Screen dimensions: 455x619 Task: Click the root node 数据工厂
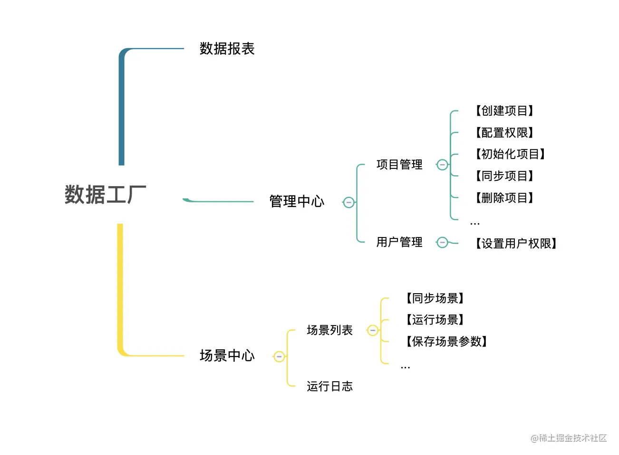click(105, 195)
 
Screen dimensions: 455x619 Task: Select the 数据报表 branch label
click(227, 49)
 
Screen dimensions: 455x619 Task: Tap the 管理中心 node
click(297, 201)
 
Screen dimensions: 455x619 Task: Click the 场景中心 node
click(227, 356)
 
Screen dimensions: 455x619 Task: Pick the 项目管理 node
click(399, 165)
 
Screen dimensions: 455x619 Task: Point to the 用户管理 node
click(399, 242)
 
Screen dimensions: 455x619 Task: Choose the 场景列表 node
click(329, 330)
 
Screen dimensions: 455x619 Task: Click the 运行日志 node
click(329, 386)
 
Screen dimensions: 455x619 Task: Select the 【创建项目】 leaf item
click(504, 111)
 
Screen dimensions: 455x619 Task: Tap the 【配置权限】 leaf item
click(504, 133)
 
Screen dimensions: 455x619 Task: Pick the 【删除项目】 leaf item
click(504, 198)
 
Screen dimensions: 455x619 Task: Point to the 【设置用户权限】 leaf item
click(516, 244)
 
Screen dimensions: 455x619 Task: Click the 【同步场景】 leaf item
click(435, 298)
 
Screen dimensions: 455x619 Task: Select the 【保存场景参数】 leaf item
click(446, 342)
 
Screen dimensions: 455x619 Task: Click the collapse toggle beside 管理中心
click(348, 202)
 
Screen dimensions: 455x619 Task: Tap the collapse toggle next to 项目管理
click(442, 165)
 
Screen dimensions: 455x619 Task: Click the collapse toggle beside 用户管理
click(442, 243)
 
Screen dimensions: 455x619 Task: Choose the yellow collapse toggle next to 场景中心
click(279, 356)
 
